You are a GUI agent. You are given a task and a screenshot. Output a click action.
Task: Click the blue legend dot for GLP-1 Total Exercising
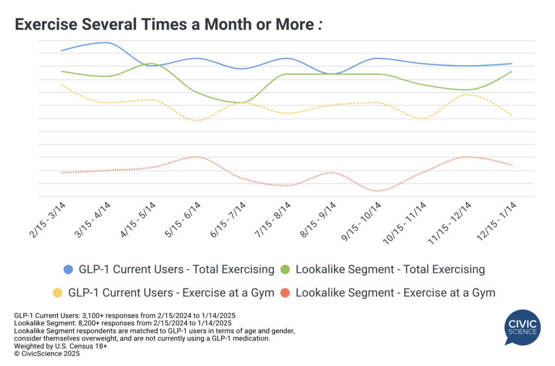coord(68,269)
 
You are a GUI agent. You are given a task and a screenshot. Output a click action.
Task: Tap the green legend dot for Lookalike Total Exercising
coord(286,269)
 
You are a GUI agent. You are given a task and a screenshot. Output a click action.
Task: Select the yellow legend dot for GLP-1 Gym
coord(57,293)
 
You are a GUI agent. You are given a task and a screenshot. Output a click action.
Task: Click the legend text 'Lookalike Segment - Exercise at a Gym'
coord(395,293)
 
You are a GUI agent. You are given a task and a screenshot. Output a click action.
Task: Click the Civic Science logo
coord(522,327)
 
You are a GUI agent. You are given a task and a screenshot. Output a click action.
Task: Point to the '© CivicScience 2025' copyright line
coord(47,353)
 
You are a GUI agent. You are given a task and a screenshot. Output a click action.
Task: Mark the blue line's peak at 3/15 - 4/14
coord(106,42)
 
